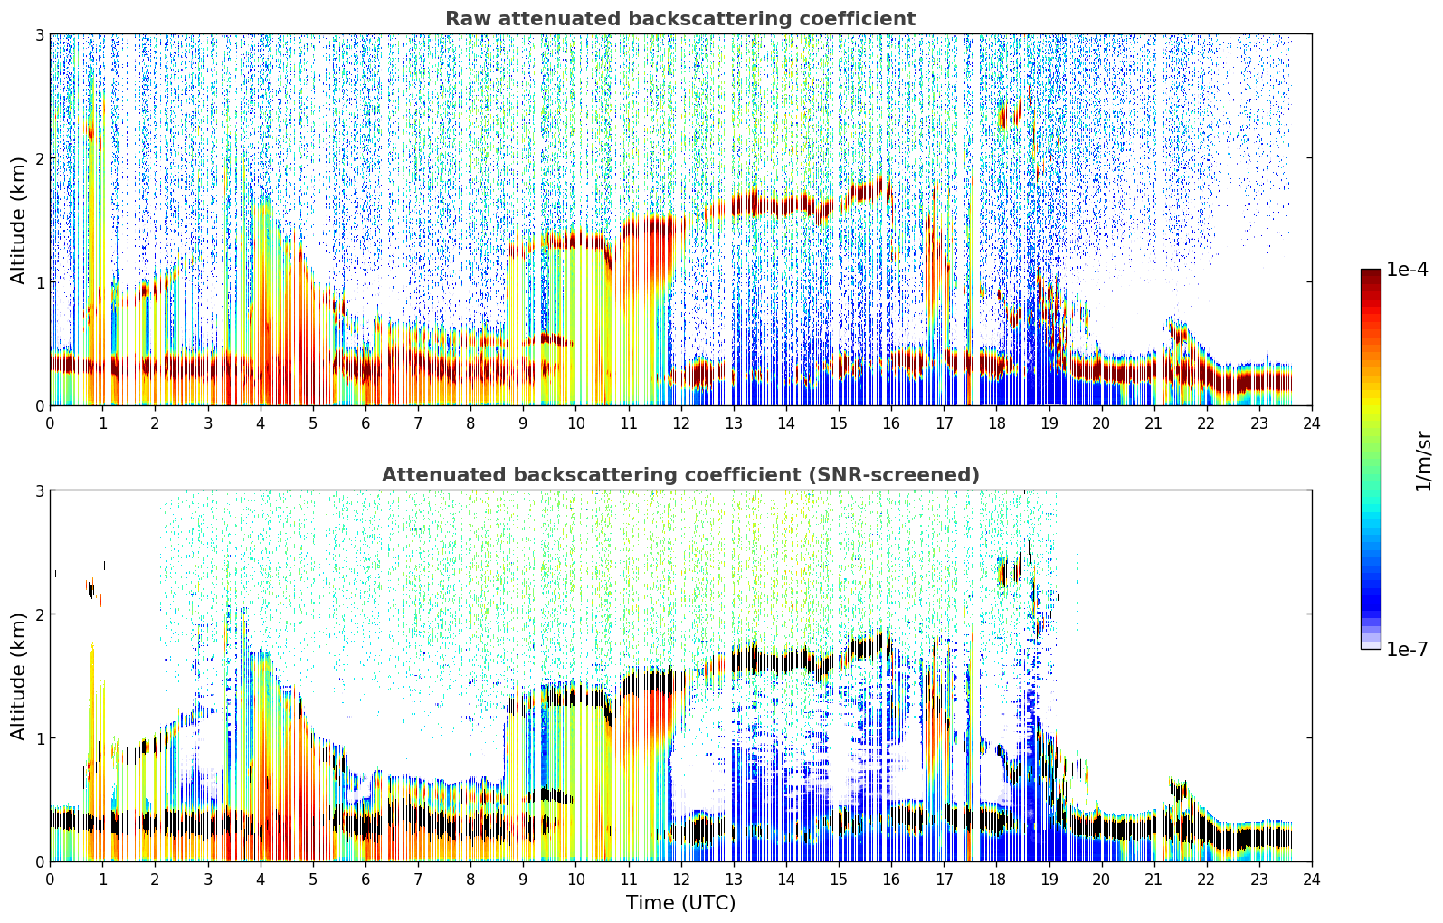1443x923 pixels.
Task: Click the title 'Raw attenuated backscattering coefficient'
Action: (x=680, y=19)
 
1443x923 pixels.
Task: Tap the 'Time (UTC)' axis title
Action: (x=680, y=903)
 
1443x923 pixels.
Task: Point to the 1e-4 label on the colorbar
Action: (x=1407, y=269)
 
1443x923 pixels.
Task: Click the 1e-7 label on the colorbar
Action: (x=1407, y=649)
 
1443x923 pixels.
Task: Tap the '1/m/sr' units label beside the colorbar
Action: (x=1423, y=461)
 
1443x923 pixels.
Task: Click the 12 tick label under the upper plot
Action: (x=681, y=423)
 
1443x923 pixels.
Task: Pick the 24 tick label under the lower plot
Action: (x=1312, y=880)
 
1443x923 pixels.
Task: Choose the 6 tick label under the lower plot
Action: (x=365, y=880)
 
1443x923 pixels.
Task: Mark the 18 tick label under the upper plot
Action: (x=997, y=423)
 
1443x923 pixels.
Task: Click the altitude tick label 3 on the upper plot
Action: (x=39, y=34)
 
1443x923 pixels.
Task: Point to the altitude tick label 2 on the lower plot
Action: (x=39, y=614)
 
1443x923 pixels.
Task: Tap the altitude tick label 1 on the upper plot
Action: (x=39, y=282)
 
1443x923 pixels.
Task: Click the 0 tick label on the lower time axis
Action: (x=51, y=880)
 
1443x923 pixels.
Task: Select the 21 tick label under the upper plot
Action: (x=1153, y=423)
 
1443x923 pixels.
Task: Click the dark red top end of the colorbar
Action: (x=1371, y=272)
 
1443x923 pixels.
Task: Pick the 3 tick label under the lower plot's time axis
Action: (x=208, y=880)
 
